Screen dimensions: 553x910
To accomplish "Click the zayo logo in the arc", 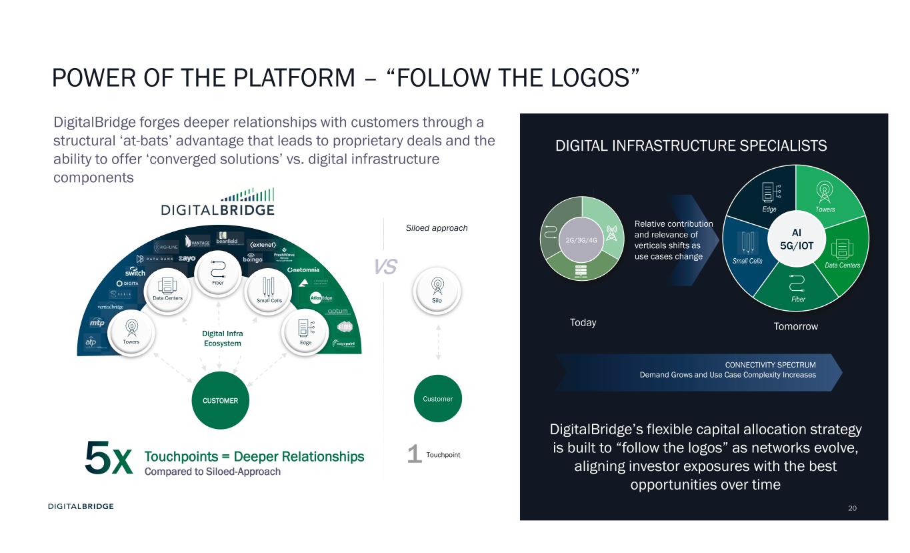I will (x=186, y=258).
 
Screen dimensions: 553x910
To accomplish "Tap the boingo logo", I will (x=253, y=259).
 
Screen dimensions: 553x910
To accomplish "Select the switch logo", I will (x=135, y=272).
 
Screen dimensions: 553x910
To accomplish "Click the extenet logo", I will (x=263, y=243).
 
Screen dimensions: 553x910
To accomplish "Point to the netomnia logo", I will (x=304, y=270).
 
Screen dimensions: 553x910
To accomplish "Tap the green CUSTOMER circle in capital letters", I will (x=220, y=400).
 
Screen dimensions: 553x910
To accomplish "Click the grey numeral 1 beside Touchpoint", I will (x=414, y=455).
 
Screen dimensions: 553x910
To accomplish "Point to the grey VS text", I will (x=385, y=267).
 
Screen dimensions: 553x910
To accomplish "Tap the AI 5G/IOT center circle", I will (x=796, y=237).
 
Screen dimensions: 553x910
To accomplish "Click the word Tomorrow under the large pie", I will (x=795, y=326).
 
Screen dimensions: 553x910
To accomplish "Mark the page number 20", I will (x=852, y=508).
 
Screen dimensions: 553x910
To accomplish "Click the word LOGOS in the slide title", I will (x=583, y=77).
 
